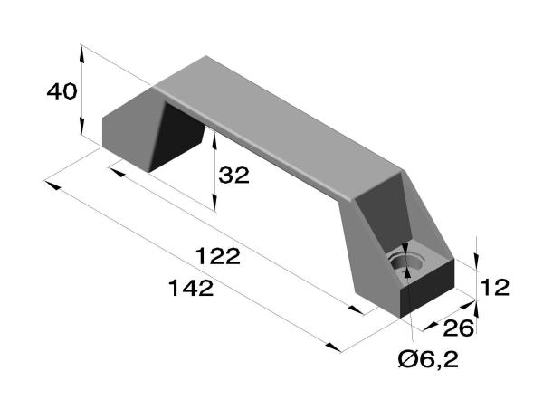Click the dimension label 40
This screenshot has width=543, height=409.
click(x=62, y=91)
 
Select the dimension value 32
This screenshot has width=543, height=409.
click(x=233, y=175)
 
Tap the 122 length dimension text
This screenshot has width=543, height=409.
click(x=217, y=256)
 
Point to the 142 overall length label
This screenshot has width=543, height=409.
click(x=191, y=288)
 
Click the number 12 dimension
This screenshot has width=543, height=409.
click(x=495, y=287)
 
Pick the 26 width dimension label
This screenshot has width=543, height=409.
click(x=458, y=328)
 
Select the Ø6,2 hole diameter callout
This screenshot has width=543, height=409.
click(x=428, y=359)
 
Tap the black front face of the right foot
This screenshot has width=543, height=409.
click(x=427, y=288)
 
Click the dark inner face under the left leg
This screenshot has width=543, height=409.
click(x=176, y=136)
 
